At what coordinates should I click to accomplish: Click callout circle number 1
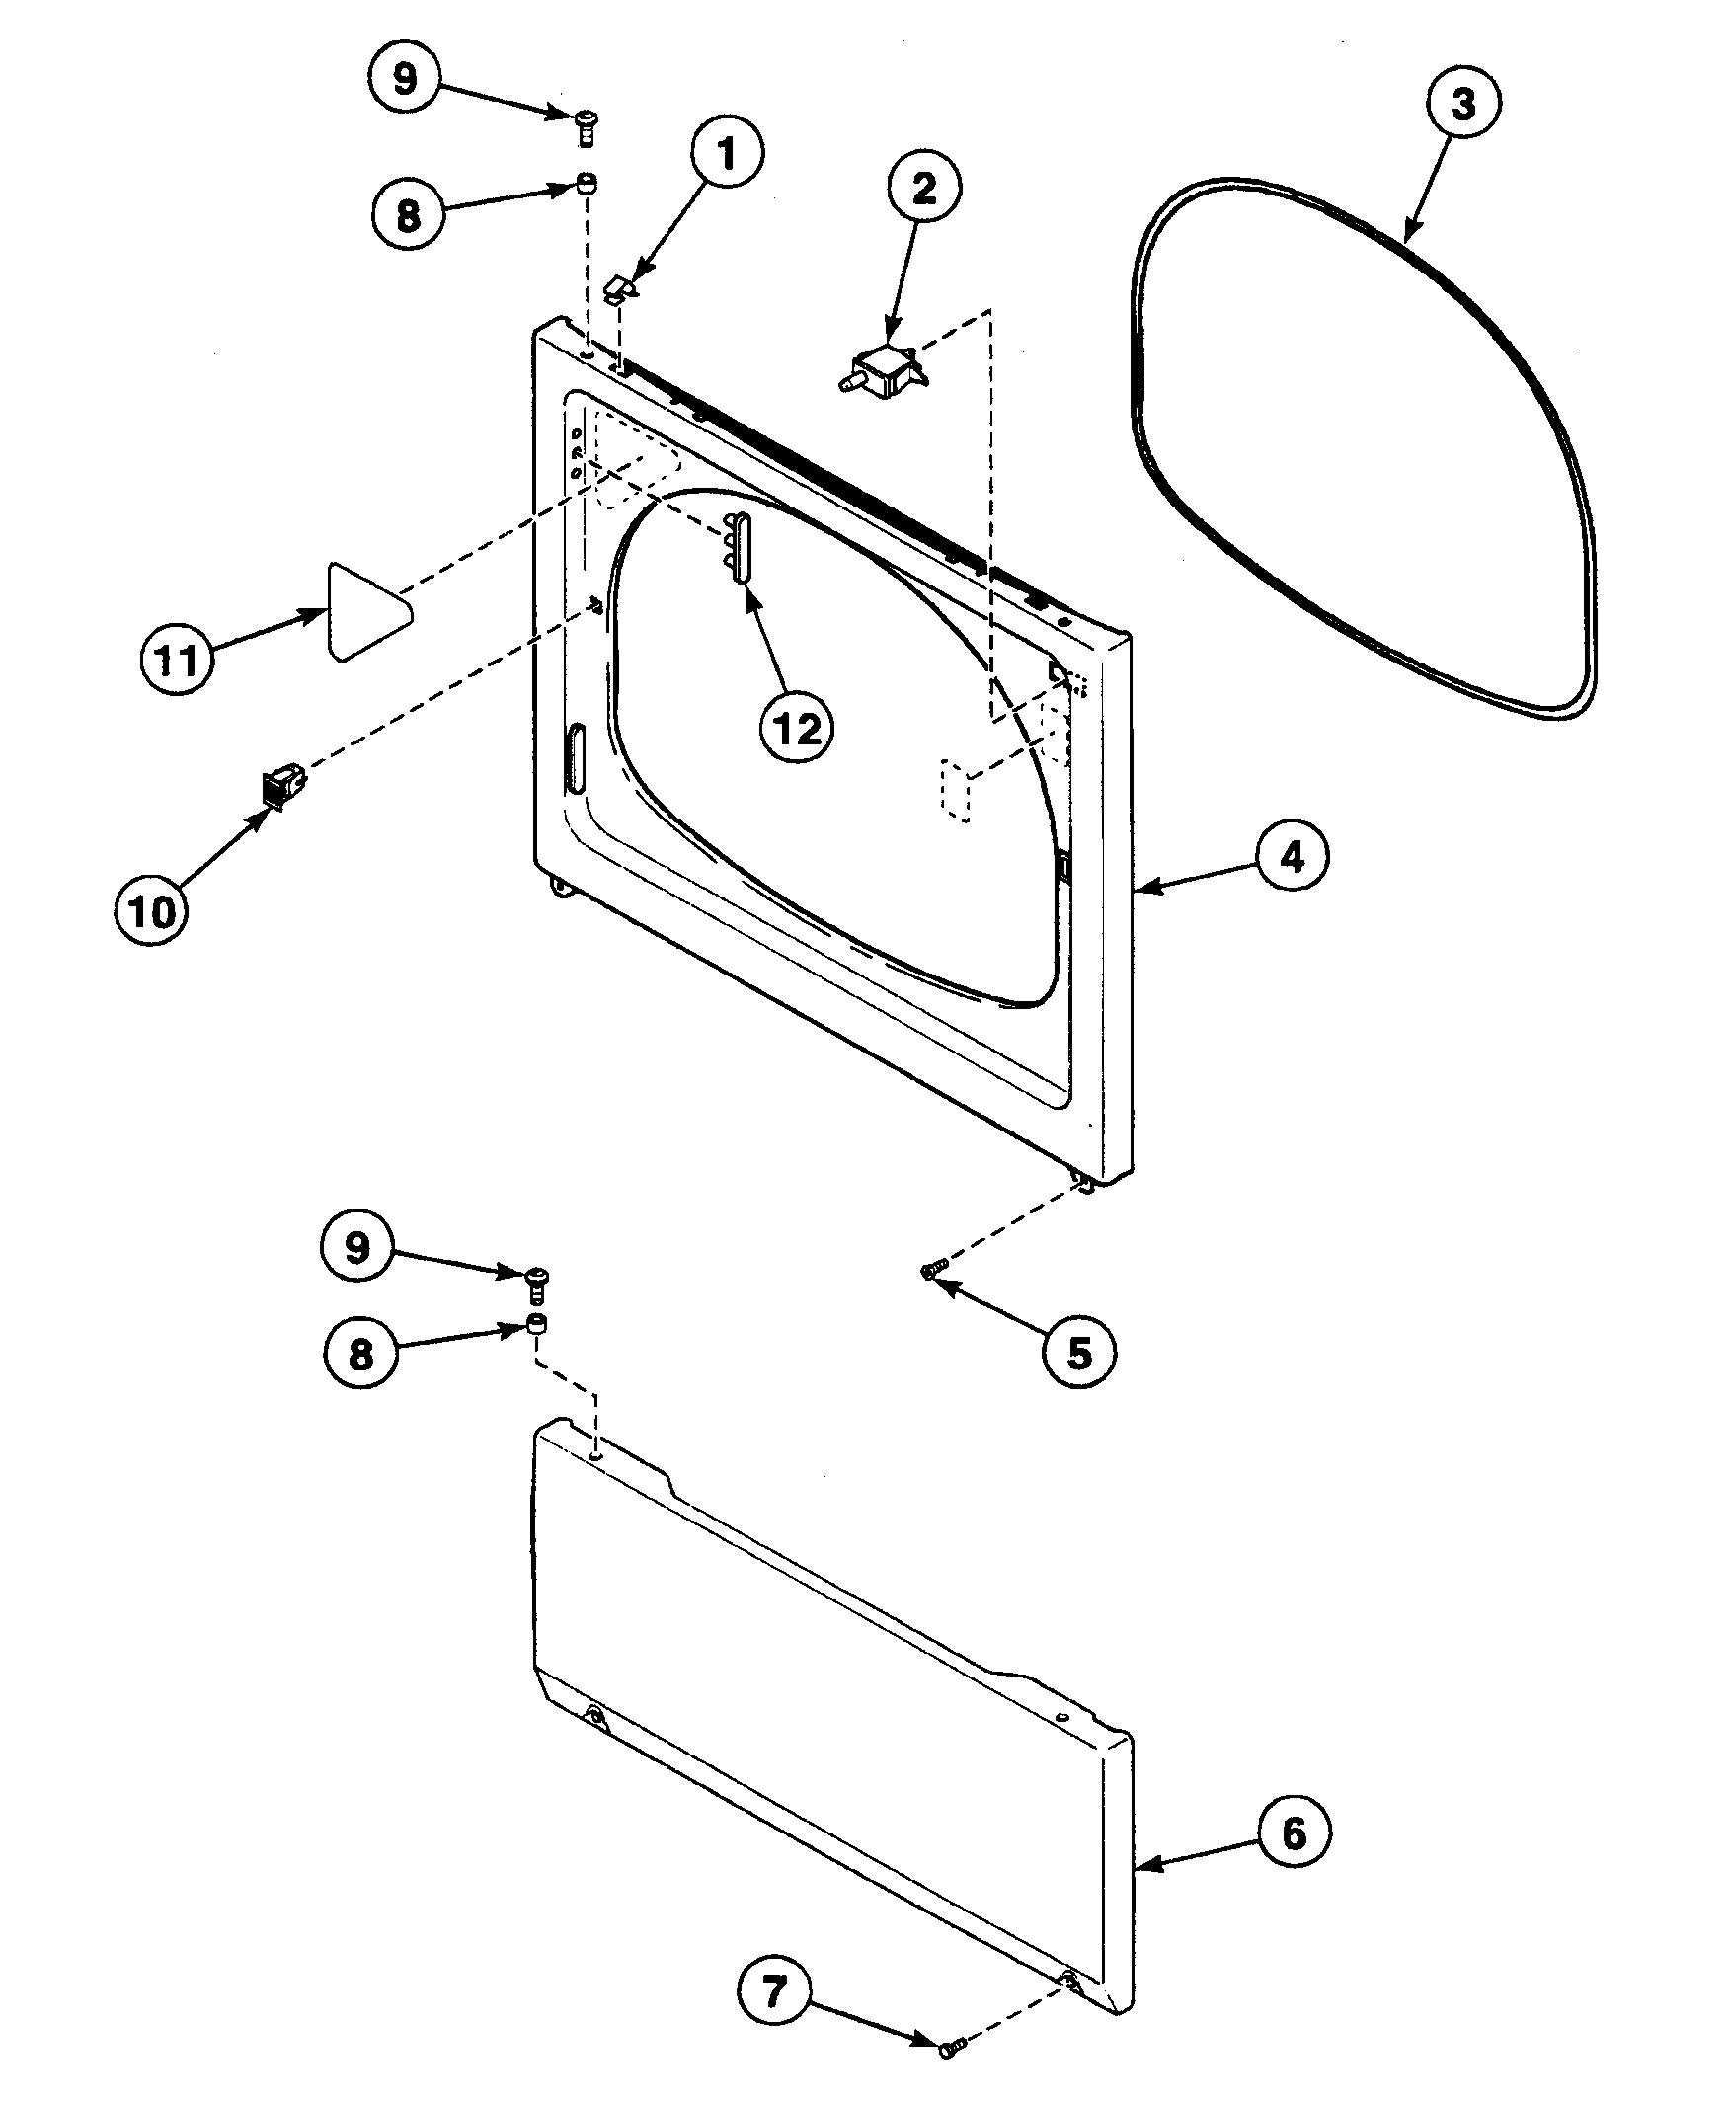point(726,155)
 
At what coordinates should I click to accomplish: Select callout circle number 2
point(923,189)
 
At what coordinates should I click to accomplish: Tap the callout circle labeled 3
point(1462,104)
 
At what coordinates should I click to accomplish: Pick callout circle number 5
point(1079,1353)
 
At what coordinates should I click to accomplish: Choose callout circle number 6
point(1294,1833)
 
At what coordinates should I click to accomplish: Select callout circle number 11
point(177,660)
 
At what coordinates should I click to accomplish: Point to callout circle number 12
point(796,730)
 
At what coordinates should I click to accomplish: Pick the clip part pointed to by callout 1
point(622,288)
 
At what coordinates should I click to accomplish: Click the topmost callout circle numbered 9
point(404,79)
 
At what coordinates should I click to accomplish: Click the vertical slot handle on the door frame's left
point(575,759)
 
